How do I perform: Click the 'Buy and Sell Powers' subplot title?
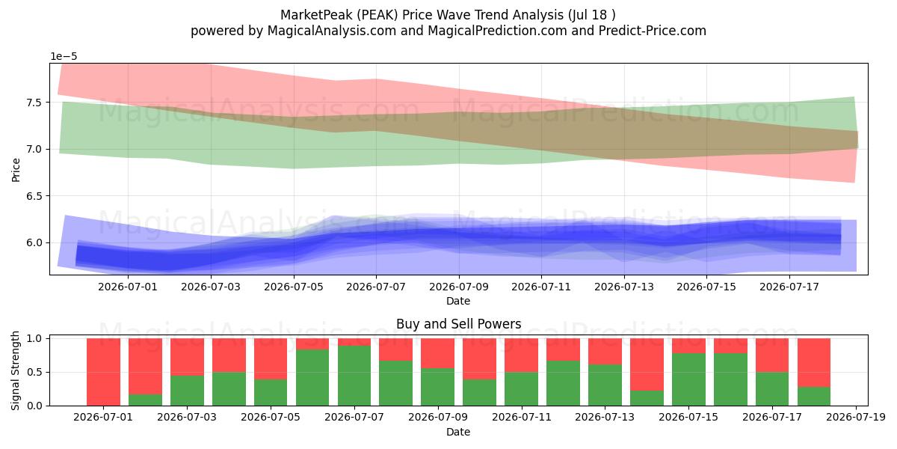click(x=458, y=324)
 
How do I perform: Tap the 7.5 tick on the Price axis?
click(x=34, y=103)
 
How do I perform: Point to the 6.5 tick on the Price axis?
click(x=34, y=196)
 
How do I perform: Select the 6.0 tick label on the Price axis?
click(x=34, y=243)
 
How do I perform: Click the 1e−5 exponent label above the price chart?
click(x=64, y=57)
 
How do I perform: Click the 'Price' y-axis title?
click(x=16, y=170)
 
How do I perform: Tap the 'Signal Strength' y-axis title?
click(x=15, y=371)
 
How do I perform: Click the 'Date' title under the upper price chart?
click(x=458, y=301)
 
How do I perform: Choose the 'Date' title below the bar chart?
click(x=458, y=432)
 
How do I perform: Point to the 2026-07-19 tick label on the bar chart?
click(x=856, y=418)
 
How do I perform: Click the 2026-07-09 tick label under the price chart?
click(x=459, y=287)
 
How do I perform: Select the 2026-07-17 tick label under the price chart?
click(x=789, y=287)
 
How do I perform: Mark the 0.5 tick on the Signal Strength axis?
click(x=34, y=373)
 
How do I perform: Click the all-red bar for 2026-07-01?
click(x=103, y=372)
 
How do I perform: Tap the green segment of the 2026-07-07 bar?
click(x=354, y=376)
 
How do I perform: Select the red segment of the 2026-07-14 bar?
click(x=647, y=364)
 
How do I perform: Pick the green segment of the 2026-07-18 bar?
click(x=814, y=397)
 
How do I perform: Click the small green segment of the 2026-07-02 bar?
click(x=145, y=400)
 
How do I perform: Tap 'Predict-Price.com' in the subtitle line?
click(x=653, y=31)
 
